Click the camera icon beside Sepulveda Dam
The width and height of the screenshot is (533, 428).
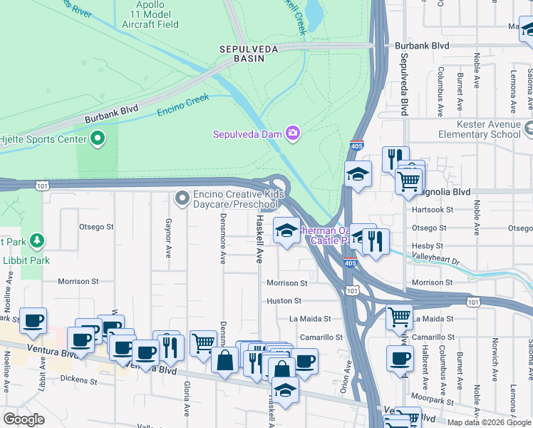tap(292, 133)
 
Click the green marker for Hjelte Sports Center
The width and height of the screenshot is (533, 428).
tap(98, 138)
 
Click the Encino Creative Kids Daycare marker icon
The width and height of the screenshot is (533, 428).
tap(182, 198)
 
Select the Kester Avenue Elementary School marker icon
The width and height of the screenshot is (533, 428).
tap(528, 129)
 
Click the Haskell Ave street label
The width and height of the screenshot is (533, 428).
tap(260, 239)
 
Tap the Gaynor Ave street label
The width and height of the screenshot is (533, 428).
tap(169, 238)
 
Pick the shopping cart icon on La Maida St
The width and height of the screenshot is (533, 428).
tap(400, 316)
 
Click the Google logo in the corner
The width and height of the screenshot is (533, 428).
tap(23, 419)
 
